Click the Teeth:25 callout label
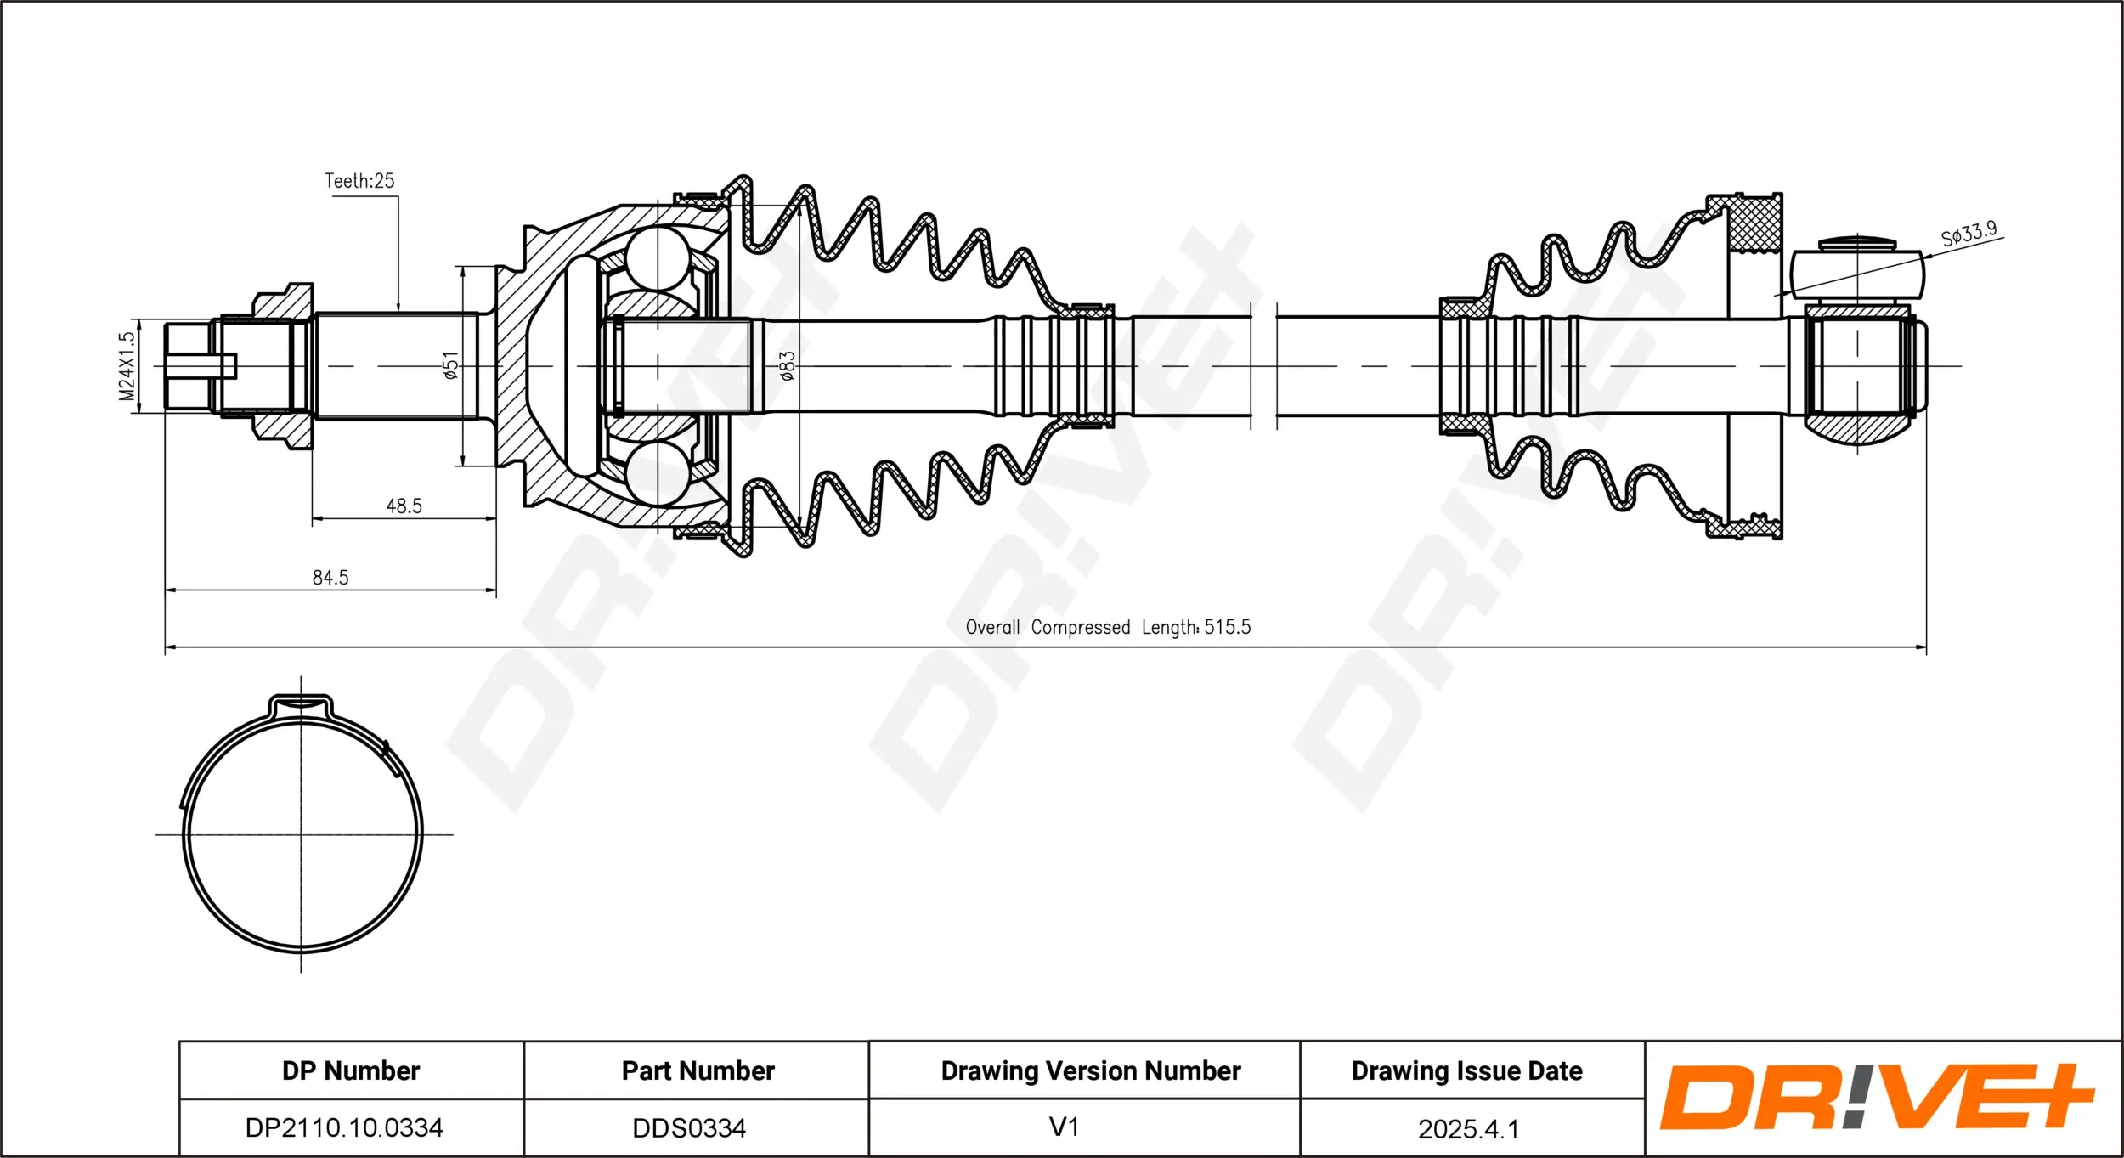pos(359,181)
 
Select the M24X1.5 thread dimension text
pos(127,366)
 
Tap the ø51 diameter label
pos(451,365)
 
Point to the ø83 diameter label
pos(788,365)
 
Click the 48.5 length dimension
pos(404,506)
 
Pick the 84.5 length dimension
pos(330,578)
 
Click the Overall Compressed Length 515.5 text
pos(1108,627)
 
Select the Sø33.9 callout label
pos(1969,234)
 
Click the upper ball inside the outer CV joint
pos(657,257)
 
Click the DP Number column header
pos(351,1070)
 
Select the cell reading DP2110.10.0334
pos(344,1127)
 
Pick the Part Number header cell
pos(698,1070)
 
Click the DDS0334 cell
pos(689,1127)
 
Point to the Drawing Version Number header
pos(1090,1070)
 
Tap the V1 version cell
pos(1064,1127)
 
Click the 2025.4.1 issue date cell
pos(1467,1128)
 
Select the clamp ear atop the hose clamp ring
pos(301,707)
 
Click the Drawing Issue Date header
pos(1466,1070)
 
